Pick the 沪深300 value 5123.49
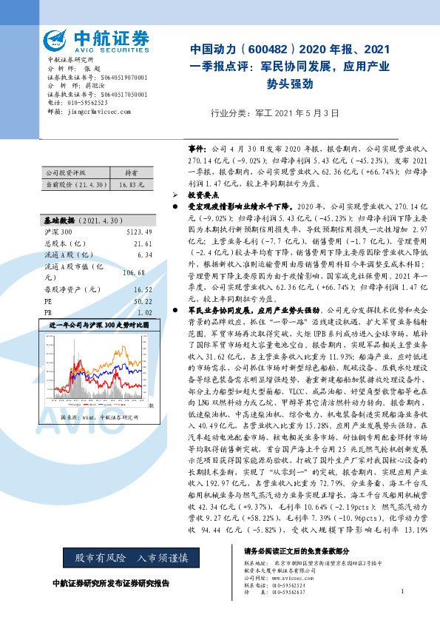coord(140,232)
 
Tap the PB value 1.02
coord(145,312)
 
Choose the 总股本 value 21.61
coord(143,243)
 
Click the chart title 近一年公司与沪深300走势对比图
coord(99,325)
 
